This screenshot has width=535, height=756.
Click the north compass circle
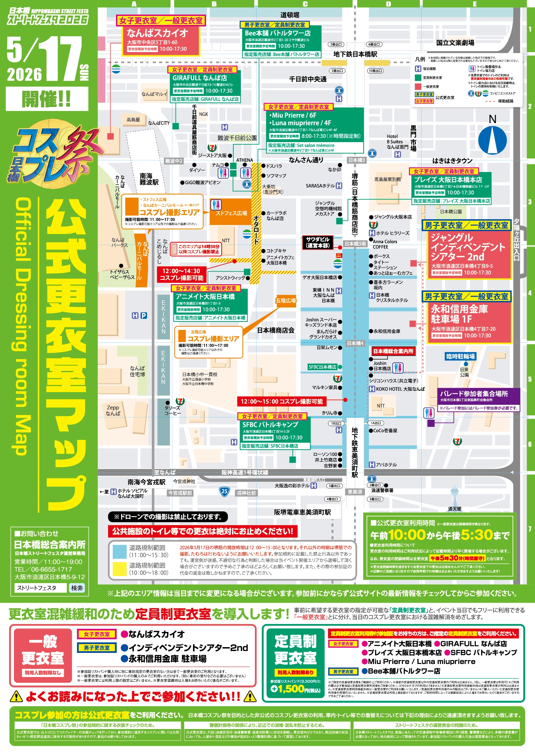click(x=492, y=140)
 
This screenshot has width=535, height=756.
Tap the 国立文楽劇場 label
click(x=455, y=43)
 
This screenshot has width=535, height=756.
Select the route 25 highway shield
click(x=224, y=491)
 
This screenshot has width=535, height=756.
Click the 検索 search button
click(x=77, y=588)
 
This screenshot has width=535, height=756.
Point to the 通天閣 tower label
click(x=454, y=509)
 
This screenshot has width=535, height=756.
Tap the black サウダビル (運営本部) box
click(x=318, y=242)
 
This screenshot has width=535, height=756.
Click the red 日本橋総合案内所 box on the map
click(x=393, y=351)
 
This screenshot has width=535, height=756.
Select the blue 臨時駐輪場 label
click(x=460, y=356)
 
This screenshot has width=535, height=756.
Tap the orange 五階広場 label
click(x=286, y=301)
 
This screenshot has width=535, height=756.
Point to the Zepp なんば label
click(x=113, y=411)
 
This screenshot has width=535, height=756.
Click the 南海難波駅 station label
click(x=149, y=179)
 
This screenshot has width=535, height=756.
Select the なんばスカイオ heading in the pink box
click(x=157, y=33)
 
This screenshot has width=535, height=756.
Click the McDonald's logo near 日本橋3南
click(x=338, y=255)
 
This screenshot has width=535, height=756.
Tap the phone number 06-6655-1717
click(x=43, y=569)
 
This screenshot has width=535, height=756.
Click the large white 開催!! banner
click(x=47, y=99)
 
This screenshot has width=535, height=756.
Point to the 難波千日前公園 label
click(x=237, y=138)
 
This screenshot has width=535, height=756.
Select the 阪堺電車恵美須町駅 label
click(x=302, y=512)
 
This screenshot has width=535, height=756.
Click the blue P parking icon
click(x=144, y=316)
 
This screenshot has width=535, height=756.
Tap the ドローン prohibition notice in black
click(x=168, y=517)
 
